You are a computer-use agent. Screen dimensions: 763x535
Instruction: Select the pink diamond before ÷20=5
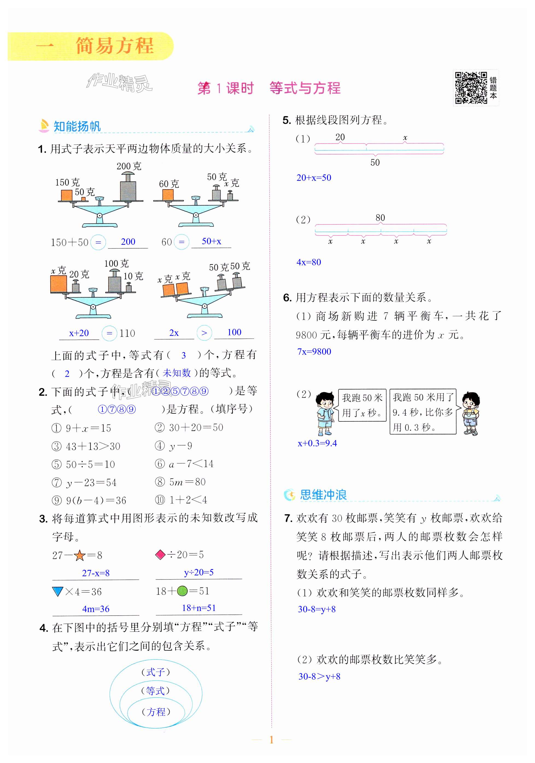[160, 555]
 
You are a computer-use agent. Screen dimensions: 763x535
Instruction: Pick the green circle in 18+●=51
[182, 591]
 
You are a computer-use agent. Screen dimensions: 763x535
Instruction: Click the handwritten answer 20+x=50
[314, 178]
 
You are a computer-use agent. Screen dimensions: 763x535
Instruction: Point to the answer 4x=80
[309, 262]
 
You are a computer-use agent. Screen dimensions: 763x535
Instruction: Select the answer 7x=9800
[314, 352]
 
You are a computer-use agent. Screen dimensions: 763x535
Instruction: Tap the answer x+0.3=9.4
[317, 443]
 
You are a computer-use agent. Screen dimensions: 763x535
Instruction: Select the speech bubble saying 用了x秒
[362, 405]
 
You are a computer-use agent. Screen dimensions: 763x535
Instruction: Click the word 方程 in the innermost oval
[156, 712]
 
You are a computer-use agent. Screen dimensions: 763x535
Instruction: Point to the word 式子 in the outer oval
[156, 672]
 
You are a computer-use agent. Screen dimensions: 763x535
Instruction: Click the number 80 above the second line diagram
[380, 218]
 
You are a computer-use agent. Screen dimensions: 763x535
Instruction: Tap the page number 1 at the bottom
[271, 740]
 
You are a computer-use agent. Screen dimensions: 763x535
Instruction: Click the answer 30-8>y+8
[319, 676]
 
